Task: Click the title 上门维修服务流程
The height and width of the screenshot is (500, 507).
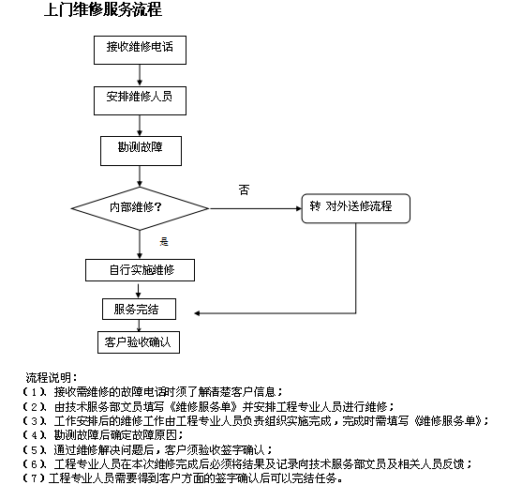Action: pos(103,9)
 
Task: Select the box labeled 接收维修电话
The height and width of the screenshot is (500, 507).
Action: pos(140,50)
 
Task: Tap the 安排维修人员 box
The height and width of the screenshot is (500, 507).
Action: pos(140,100)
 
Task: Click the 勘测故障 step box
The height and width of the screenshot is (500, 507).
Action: pos(141,151)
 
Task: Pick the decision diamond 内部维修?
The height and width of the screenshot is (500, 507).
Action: pos(140,208)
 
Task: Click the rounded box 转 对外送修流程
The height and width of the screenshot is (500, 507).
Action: pos(356,208)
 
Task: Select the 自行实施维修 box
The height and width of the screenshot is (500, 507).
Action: pos(140,270)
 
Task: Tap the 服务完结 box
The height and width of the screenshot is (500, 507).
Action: pos(139,309)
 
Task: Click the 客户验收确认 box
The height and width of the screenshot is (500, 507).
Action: pos(139,342)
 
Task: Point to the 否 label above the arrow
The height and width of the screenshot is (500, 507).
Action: pos(244,189)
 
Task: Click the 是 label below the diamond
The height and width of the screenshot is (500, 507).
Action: pos(164,241)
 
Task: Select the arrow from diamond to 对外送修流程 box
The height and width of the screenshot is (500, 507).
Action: pos(256,208)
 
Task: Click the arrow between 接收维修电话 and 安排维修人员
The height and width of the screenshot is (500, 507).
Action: pos(140,75)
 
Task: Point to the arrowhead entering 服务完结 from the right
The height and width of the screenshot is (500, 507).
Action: pos(197,313)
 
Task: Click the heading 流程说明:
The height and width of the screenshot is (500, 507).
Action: pos(52,377)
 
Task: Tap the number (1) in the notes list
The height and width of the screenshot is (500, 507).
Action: pos(34,392)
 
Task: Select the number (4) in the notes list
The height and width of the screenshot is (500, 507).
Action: pos(34,435)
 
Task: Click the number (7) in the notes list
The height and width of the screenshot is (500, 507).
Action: pos(34,478)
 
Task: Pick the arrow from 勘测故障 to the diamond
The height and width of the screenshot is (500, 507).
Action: pos(140,176)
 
